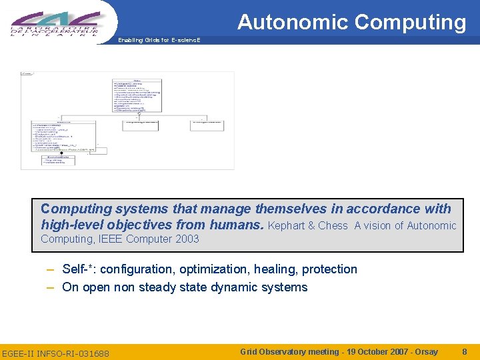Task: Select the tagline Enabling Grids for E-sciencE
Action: coord(159,40)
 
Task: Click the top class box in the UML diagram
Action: coord(137,94)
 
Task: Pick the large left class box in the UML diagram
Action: coord(64,137)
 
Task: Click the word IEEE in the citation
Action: coord(113,239)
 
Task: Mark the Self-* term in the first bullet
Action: coord(76,269)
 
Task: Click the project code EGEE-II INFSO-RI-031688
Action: coord(56,353)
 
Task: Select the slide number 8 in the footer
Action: coord(464,351)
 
